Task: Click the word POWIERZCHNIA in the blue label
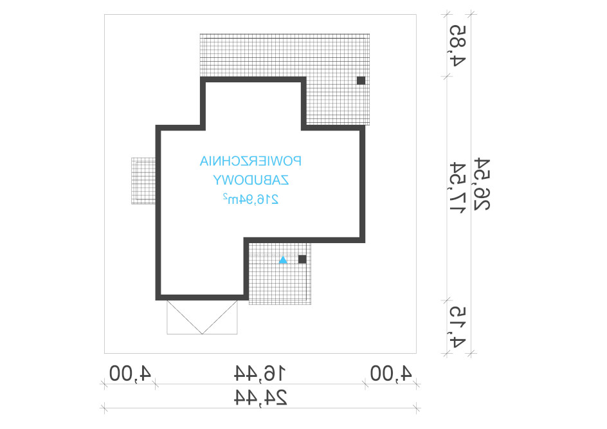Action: coord(251,161)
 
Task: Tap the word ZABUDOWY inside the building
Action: coord(251,180)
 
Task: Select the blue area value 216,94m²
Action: coord(251,199)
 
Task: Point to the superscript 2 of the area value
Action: coord(225,196)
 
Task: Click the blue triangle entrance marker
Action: coord(284,259)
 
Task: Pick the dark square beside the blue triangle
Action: coord(302,259)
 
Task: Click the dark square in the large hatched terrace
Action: coord(361,80)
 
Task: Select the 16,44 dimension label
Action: coord(260,374)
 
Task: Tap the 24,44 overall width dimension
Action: coord(260,397)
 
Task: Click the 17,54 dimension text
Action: coord(457,187)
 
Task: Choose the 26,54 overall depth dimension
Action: coord(482,185)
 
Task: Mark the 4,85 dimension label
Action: coord(457,46)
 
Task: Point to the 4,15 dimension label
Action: coord(457,327)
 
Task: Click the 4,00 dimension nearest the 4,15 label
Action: coord(391,374)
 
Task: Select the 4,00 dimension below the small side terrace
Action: coord(130,374)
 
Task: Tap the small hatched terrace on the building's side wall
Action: coord(143,181)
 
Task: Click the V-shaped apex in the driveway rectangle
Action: coord(202,333)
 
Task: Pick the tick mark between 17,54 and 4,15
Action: coord(448,300)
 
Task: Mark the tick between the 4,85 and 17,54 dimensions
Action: coord(448,77)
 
